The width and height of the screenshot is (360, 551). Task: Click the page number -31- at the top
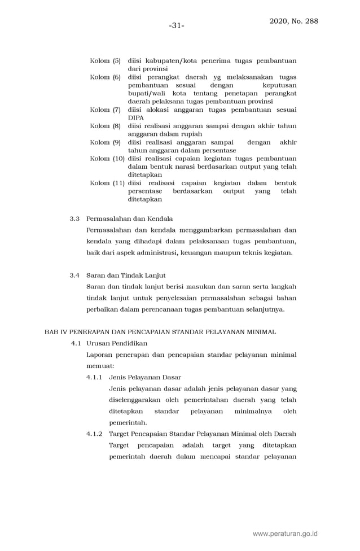pos(177,25)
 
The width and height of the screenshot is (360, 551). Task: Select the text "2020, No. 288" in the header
pos(293,21)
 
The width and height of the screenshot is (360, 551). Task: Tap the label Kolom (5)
pos(105,60)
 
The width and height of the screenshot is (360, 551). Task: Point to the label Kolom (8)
pos(105,126)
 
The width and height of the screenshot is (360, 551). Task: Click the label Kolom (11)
pos(107,183)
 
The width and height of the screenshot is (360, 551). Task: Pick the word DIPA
pos(135,117)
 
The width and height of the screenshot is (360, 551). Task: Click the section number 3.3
pos(75,218)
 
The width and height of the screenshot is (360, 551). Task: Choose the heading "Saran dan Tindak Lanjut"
pos(125,275)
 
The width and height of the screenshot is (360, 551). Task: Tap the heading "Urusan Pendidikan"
pos(117,343)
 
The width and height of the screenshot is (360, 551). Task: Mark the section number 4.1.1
pos(94,377)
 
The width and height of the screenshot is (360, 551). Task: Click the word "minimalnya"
pos(253,411)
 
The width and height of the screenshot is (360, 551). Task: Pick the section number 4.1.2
pos(94,434)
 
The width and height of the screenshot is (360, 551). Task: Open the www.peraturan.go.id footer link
pos(285,533)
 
